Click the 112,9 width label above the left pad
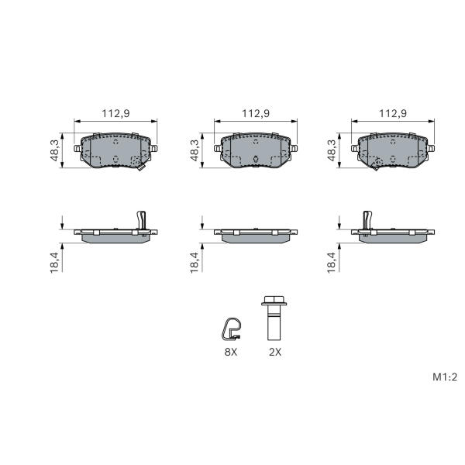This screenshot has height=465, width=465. [115, 114]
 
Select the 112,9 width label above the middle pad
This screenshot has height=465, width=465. [256, 114]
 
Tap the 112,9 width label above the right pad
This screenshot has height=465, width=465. [393, 114]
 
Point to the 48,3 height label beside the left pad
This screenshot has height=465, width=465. [55, 150]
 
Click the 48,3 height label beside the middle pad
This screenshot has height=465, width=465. [195, 150]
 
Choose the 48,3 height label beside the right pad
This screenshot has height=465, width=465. [332, 150]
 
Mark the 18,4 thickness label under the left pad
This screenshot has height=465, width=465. [55, 263]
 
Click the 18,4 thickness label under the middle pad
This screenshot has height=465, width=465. [195, 263]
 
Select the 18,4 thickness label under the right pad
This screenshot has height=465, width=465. [332, 263]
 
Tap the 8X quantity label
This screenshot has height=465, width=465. [231, 352]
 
